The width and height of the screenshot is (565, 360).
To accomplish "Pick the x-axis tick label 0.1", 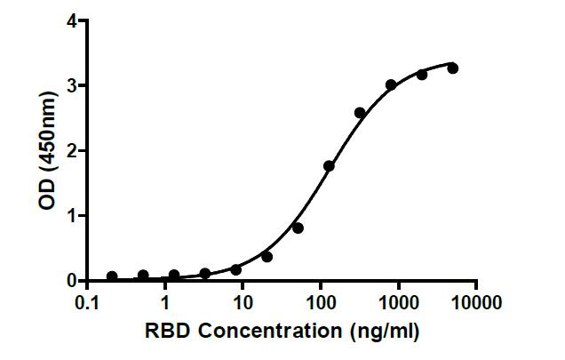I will click(x=87, y=302).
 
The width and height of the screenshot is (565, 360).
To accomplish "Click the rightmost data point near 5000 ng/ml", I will click(x=452, y=68).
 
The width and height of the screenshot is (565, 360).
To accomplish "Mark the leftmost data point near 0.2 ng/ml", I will click(x=112, y=276).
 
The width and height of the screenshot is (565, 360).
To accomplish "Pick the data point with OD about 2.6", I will click(x=360, y=113).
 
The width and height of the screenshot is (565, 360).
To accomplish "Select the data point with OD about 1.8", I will click(x=329, y=165).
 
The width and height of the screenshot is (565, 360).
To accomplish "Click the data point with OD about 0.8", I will click(x=298, y=228).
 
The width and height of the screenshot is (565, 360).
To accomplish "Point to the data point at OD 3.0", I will click(x=391, y=85).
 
